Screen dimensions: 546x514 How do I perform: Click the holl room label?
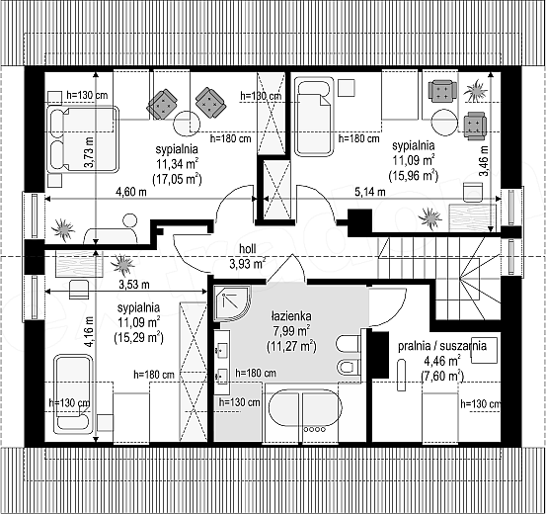point(248,249)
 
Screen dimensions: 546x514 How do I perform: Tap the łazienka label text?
point(291,316)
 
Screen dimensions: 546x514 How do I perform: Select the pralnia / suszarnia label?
point(442,346)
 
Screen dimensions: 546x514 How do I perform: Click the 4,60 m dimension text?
point(131,192)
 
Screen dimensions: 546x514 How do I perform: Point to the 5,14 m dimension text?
point(370,192)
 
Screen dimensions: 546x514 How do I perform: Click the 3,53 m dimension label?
point(134,285)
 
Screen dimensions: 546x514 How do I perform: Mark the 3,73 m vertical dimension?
point(90,152)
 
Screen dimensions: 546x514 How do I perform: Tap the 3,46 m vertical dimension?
point(485,161)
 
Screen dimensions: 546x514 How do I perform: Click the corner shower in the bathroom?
point(231,303)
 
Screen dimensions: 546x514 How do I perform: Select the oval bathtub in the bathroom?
point(305,408)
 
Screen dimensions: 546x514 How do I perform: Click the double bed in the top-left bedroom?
point(83,139)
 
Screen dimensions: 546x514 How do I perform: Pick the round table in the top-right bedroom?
point(444,123)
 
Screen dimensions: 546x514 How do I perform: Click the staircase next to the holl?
point(440,276)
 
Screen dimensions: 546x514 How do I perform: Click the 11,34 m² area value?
point(178,163)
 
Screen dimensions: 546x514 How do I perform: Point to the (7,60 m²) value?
point(442,376)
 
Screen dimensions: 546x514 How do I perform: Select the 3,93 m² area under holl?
point(248,263)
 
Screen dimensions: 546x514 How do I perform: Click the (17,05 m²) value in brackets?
point(178,179)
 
